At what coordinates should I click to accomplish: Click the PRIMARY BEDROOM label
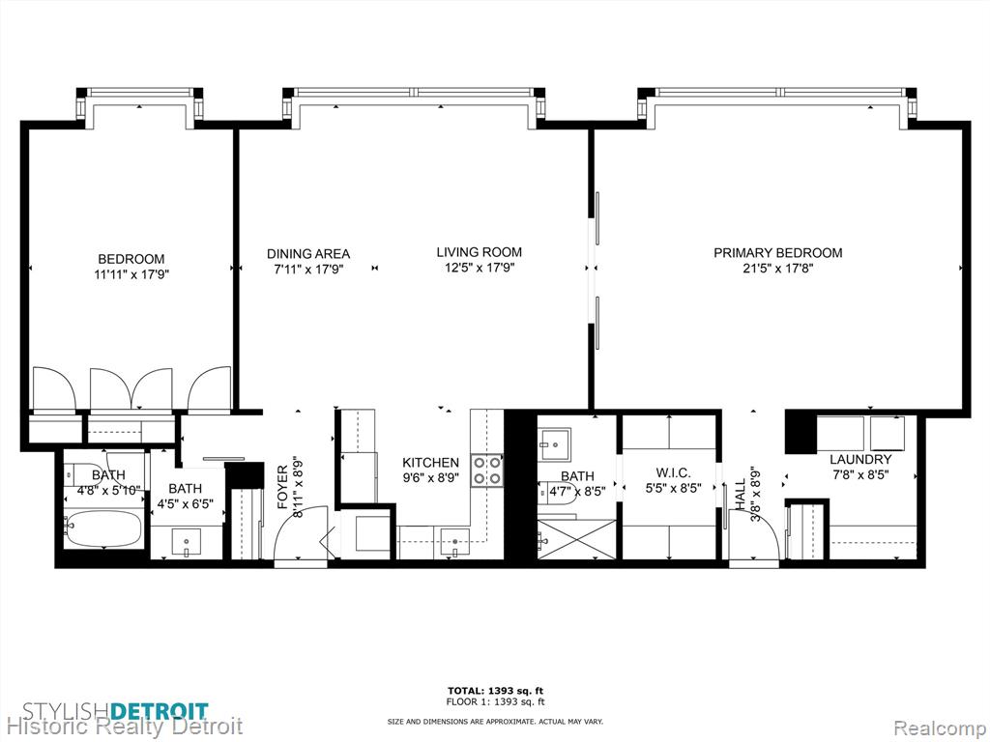coord(778,253)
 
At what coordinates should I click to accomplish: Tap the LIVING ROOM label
coord(480,252)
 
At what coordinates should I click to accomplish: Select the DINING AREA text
coord(308,254)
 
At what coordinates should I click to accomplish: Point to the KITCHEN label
coord(430,463)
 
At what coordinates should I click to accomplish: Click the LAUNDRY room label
coord(860,459)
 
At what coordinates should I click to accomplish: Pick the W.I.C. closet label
coord(673,471)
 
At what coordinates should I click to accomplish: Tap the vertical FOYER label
coord(282,487)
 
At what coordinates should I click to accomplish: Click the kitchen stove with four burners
coord(487,471)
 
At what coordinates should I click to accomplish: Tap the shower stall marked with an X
coord(576,539)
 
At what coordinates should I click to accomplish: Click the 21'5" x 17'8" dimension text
coord(778,269)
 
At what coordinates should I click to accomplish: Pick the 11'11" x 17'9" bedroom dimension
coord(131,274)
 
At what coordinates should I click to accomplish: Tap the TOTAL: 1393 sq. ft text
coord(495,690)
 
